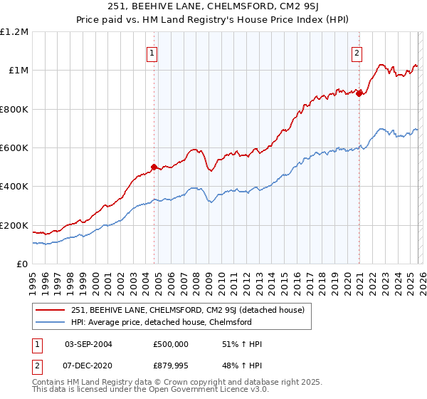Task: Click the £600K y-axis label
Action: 14,148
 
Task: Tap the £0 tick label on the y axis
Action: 22,264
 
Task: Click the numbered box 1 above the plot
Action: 152,53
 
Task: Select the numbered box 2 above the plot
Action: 356,53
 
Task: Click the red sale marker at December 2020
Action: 359,93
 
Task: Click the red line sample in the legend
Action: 51,310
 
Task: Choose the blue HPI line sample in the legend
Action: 51,322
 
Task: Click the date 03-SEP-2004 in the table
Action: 88,344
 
